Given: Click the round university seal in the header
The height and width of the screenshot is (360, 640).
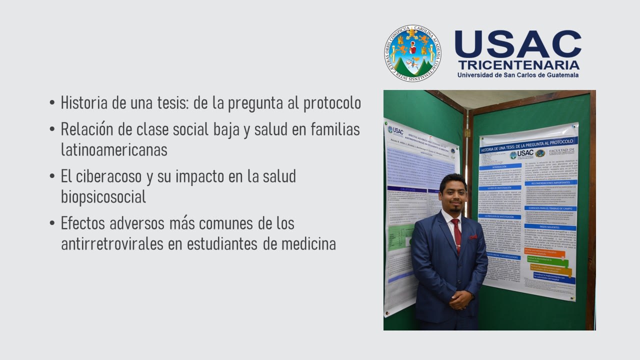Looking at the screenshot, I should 412,53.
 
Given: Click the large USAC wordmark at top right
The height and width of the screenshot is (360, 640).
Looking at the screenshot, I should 518,44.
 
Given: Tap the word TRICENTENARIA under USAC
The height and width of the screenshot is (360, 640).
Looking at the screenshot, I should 518,65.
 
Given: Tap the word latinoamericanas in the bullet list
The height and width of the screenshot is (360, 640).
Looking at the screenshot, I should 114,149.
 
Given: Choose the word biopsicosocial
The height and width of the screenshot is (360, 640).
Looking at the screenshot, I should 103,196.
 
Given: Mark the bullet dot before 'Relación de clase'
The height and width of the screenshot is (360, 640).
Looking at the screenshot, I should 52,129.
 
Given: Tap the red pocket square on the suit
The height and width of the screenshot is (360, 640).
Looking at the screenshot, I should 473,237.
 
